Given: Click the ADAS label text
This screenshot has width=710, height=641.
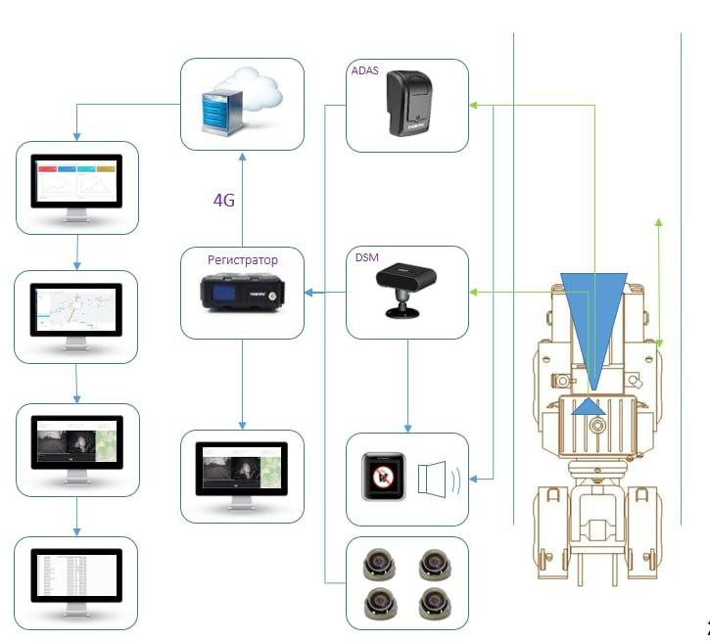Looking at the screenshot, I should pos(364,71).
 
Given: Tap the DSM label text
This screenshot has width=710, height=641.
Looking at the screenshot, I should pos(364,257).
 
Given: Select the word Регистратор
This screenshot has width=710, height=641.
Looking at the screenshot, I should pos(243,260).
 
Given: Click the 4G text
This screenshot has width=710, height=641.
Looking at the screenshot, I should pos(225,201).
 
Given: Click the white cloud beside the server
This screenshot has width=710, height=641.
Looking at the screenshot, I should pos(258,96).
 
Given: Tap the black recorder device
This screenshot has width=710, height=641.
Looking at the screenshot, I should pos(242,297).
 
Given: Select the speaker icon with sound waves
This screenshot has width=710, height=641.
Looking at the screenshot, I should pos(435,480).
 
